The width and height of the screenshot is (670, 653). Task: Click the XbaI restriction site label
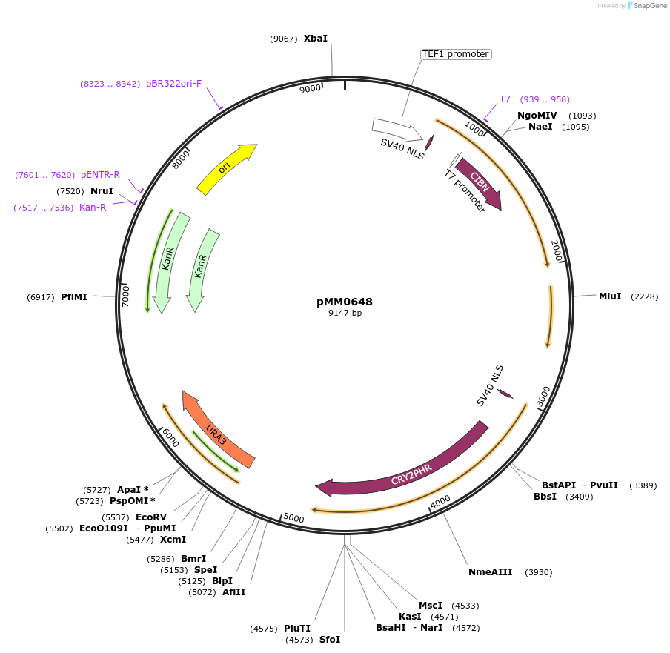click(x=315, y=38)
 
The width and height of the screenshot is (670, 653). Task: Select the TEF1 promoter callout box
click(x=456, y=54)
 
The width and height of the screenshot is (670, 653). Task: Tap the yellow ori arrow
click(x=226, y=169)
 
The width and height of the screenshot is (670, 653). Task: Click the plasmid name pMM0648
click(x=345, y=302)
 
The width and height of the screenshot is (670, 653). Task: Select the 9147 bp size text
click(x=345, y=313)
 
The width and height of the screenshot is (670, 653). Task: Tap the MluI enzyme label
click(x=610, y=296)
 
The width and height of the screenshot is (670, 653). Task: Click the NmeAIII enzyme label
click(x=490, y=572)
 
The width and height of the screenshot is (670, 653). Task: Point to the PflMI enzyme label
click(x=74, y=297)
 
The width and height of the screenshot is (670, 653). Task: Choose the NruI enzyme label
click(x=102, y=191)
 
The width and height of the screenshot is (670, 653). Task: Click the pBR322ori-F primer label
click(x=173, y=84)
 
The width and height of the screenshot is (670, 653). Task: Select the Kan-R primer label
click(x=93, y=208)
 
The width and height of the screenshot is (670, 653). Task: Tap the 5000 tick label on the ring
click(x=294, y=518)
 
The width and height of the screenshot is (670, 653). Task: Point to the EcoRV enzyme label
click(x=151, y=517)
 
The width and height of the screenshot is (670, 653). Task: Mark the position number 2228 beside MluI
click(x=644, y=296)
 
